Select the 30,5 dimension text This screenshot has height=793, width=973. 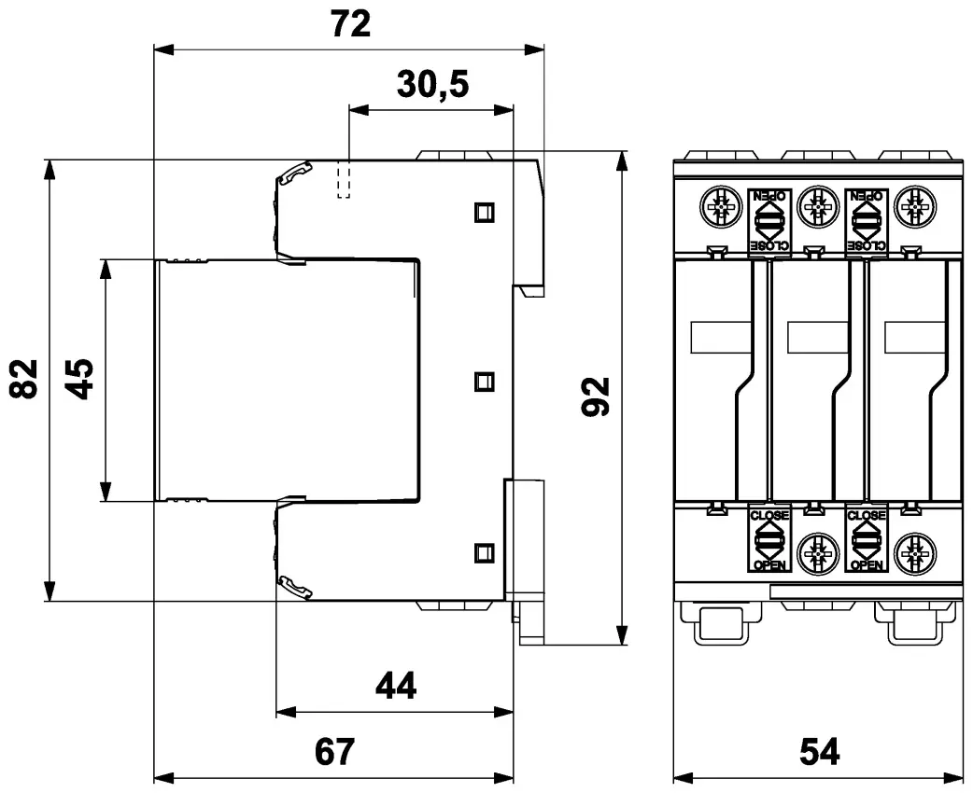[432, 85]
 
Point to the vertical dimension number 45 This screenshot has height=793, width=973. [81, 379]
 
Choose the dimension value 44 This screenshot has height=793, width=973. [395, 688]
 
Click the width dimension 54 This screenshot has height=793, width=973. [817, 751]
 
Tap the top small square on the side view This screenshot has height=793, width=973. [483, 212]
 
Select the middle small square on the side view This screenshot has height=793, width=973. [483, 381]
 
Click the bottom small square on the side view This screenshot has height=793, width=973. [483, 551]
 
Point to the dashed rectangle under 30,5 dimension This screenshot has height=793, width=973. [343, 178]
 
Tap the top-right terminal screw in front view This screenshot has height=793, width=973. [914, 206]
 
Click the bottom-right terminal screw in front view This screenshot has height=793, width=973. [914, 554]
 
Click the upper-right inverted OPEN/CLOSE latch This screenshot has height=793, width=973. [866, 221]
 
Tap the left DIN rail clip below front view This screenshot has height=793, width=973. [719, 623]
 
